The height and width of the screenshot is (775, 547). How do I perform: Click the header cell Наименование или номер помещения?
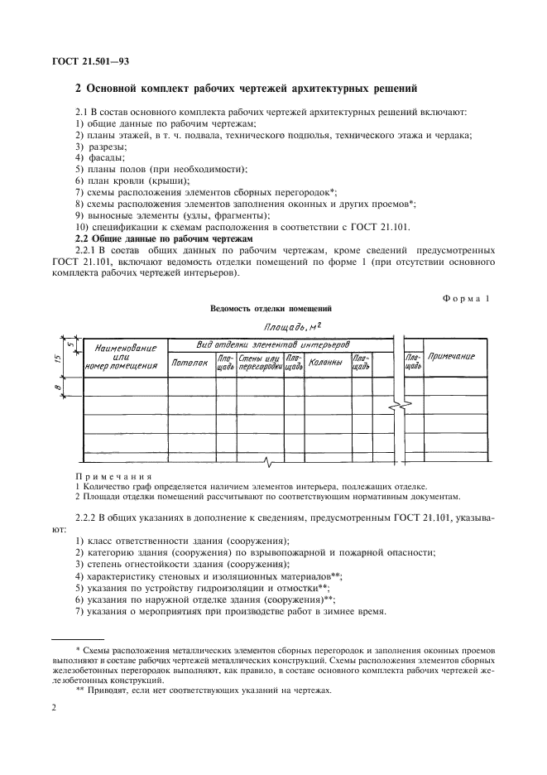pos(124,357)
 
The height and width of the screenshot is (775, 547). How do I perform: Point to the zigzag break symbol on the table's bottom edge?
pos(266,460)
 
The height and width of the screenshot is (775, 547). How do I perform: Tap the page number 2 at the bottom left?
pos(54,706)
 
